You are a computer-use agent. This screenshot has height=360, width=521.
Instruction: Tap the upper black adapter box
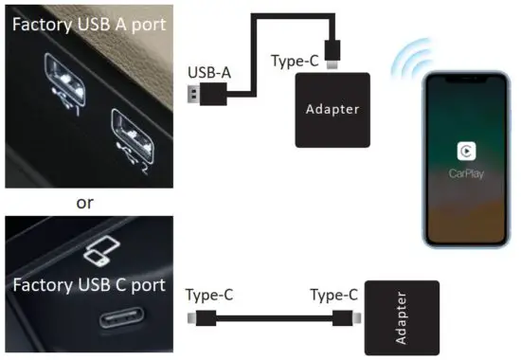click(x=332, y=110)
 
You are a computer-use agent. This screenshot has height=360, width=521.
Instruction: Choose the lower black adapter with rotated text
click(x=402, y=316)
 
